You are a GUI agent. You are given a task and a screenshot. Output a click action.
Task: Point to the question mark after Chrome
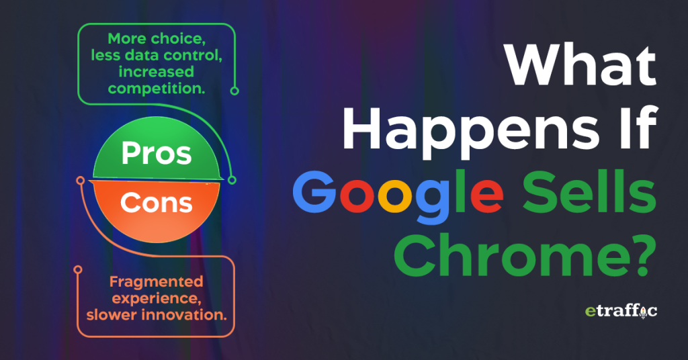(637, 255)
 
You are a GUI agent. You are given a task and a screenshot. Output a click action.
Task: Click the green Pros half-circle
(156, 154)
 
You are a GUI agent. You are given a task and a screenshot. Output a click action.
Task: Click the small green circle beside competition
(234, 90)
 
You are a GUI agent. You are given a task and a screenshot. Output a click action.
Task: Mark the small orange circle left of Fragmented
(79, 270)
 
